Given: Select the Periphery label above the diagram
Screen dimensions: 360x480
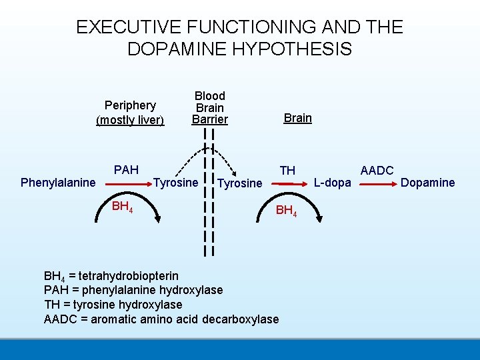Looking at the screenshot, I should pos(130,105).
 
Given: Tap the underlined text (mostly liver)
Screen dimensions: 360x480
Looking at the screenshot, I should pos(130,120).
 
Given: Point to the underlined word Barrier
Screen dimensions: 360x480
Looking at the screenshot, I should pos(209,120).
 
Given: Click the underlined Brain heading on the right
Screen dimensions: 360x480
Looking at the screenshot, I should pos(297,118).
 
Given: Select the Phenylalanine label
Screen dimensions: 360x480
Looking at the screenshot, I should pos(59,183).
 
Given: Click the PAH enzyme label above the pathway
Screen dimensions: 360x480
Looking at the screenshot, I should pos(126,170).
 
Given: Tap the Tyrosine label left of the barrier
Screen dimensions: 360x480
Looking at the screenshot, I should pos(176,183).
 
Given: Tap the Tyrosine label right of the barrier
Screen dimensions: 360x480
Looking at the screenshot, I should pos(240,183).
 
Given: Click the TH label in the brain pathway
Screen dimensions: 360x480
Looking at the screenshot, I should pos(287,171).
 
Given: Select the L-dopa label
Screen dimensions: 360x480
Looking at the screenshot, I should pos(332,183).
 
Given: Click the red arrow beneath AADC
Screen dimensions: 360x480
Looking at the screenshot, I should pos(377,181).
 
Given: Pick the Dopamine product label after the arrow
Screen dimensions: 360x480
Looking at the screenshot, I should pos(427,183).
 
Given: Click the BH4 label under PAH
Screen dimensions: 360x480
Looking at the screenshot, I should pos(122,206).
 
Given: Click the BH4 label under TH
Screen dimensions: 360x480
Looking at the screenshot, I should pos(286,211).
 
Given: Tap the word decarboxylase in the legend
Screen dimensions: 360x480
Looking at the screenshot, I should pos(243,319).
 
